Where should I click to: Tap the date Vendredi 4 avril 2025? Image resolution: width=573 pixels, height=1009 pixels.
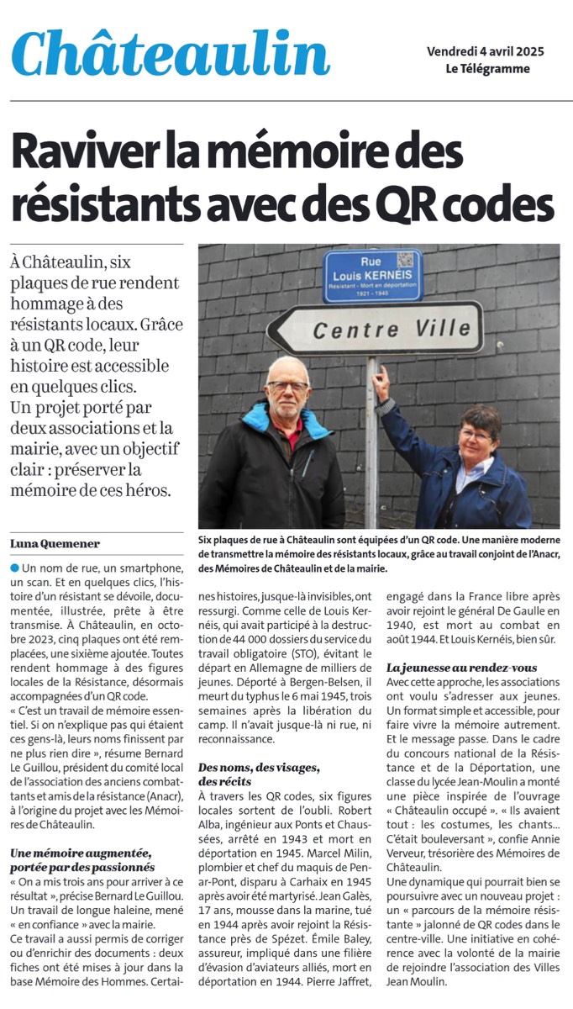(x=485, y=51)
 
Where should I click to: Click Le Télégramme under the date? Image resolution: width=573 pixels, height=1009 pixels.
(x=487, y=69)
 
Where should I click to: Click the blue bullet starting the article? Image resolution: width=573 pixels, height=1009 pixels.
(x=15, y=569)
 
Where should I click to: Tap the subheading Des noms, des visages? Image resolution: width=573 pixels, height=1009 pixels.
(x=259, y=769)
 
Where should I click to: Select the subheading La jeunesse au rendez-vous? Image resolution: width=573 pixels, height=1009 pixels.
(x=461, y=667)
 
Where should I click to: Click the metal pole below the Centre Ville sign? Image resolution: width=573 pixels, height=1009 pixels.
(x=371, y=437)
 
